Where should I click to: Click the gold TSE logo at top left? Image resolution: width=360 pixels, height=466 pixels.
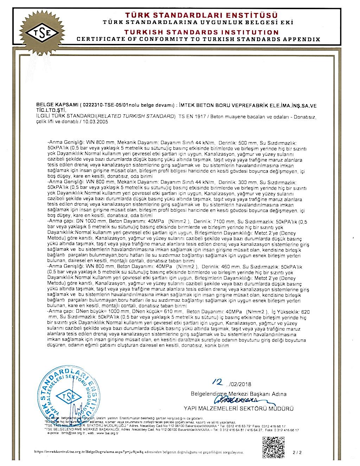41,34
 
